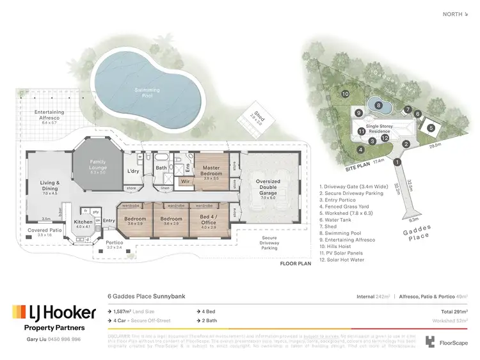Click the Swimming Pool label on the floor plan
point(147,91)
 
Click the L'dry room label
point(133,171)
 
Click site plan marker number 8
point(378,106)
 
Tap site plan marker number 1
point(397,162)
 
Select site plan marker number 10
point(345,94)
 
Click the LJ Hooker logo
point(54,313)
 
